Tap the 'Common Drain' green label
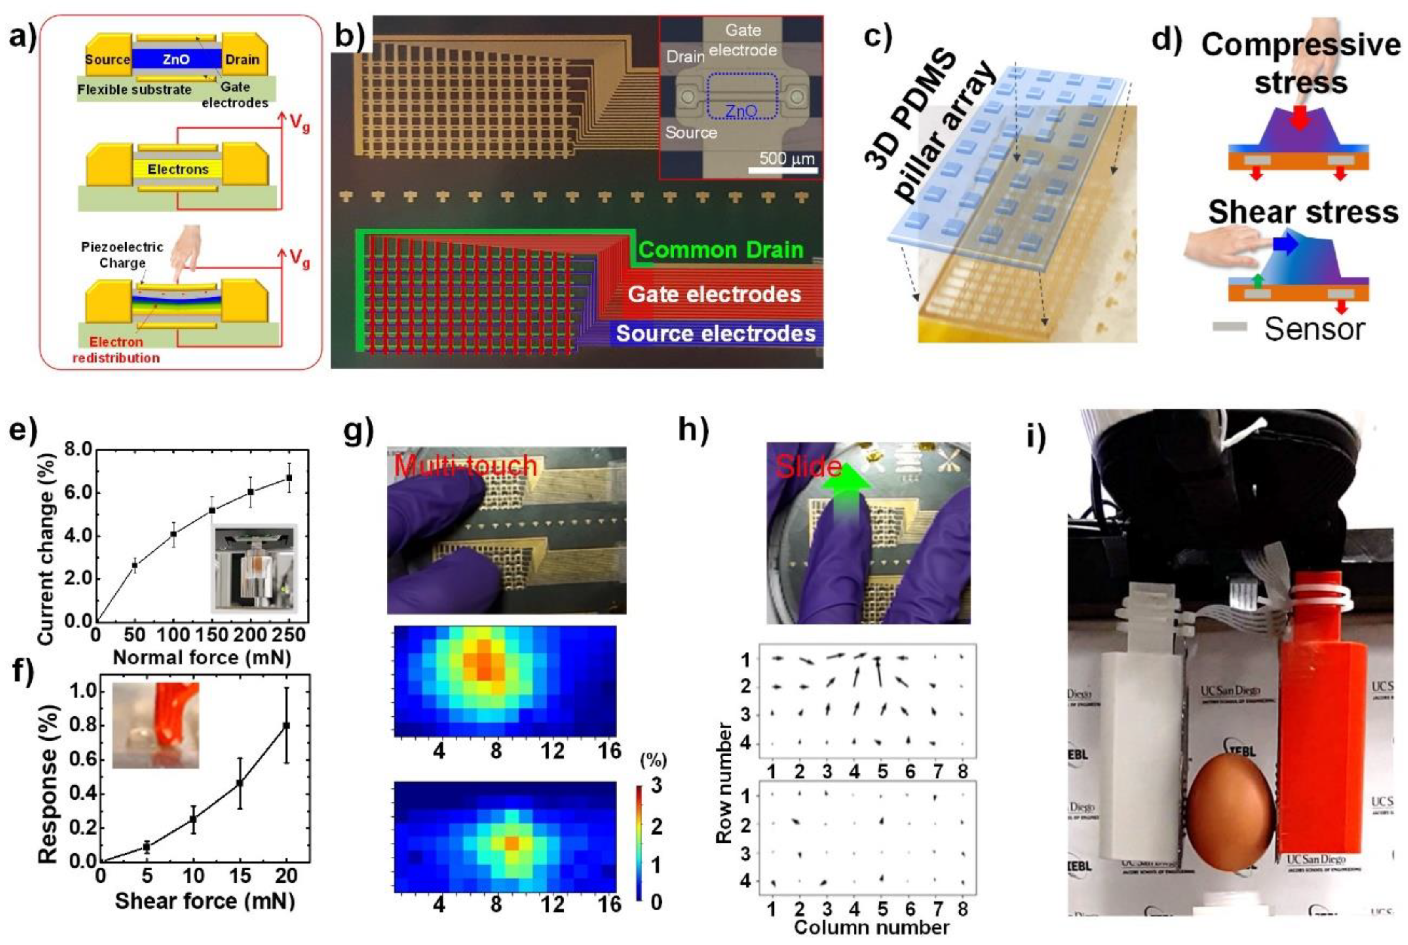pyautogui.click(x=721, y=249)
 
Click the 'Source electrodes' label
pyautogui.click(x=715, y=333)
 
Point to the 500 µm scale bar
pyautogui.click(x=782, y=171)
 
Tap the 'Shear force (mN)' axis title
pyautogui.click(x=205, y=901)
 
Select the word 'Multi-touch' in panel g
pyautogui.click(x=465, y=465)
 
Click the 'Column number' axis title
pyautogui.click(x=871, y=928)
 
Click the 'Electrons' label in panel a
pyautogui.click(x=178, y=170)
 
